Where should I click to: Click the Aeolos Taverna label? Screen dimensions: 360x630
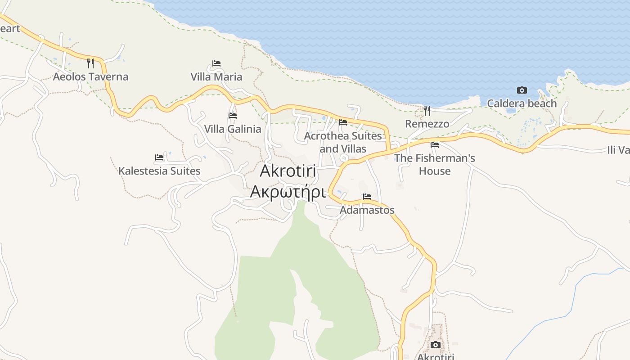[x=90, y=77]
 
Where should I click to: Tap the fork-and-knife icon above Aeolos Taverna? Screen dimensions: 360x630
[x=90, y=63]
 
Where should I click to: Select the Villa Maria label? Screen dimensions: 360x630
[x=216, y=77]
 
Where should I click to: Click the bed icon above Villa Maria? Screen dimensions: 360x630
[x=216, y=63]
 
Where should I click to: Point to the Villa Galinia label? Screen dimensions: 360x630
[x=233, y=129]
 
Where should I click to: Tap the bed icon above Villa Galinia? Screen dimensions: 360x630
[x=233, y=116]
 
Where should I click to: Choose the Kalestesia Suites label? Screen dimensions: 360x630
[x=159, y=171]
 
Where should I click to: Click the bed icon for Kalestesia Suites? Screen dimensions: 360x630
[x=159, y=157]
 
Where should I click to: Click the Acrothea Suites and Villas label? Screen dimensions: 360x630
[x=343, y=142]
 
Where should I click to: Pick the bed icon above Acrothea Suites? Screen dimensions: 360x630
[x=343, y=122]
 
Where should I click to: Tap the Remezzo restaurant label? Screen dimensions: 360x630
[x=427, y=124]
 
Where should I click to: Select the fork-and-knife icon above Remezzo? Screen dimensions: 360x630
[x=427, y=110]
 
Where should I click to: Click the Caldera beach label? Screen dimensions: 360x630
[x=522, y=103]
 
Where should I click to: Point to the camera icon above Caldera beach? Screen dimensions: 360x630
[x=522, y=90]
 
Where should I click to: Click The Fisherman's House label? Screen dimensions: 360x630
[x=435, y=165]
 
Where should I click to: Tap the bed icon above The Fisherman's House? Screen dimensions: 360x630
[x=435, y=145]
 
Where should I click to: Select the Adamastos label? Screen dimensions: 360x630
[x=367, y=210]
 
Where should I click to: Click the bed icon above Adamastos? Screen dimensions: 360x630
[x=367, y=197]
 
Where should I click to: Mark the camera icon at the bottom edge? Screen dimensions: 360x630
[x=436, y=345]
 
